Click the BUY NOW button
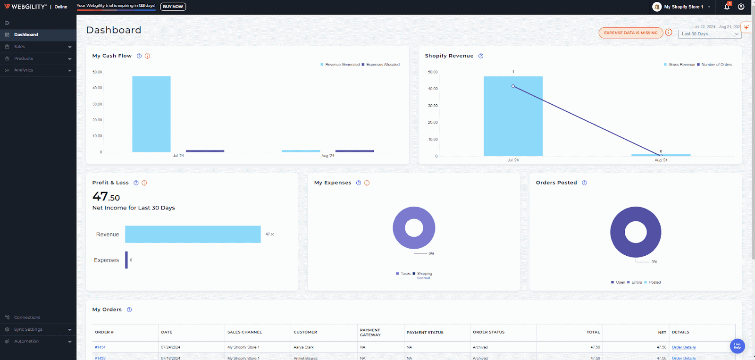173,7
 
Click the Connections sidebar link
27,318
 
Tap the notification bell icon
727,7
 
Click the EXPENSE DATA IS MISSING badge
630,33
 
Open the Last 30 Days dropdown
710,34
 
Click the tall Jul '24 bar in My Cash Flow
151,114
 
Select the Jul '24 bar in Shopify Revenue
513,116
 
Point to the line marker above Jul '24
513,86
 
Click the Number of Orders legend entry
716,65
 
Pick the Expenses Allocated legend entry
382,65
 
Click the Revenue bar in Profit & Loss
193,234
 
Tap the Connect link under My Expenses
423,278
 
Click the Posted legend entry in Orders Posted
654,283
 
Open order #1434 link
100,347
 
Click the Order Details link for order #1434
683,347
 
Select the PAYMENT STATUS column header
425,333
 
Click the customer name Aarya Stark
303,347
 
